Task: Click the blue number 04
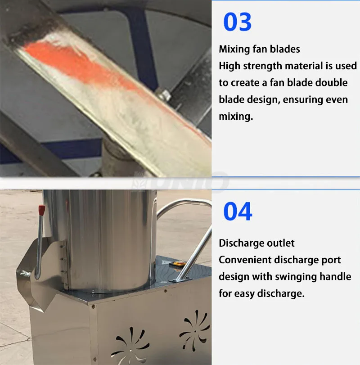[x=238, y=212]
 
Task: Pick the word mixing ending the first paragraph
[x=234, y=117]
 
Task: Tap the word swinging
[x=289, y=277]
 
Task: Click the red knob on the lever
[x=42, y=210]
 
